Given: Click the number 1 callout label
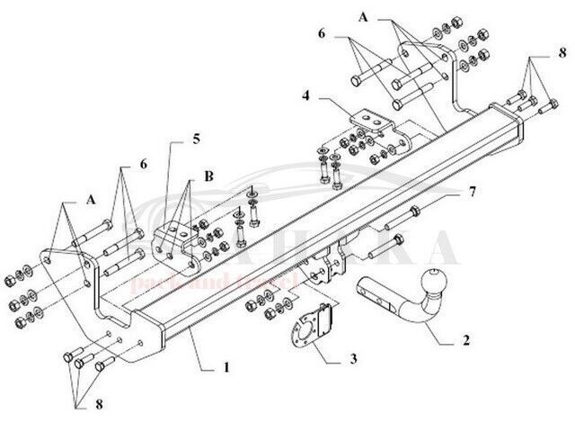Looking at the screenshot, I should (226, 367).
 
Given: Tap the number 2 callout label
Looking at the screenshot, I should (465, 341).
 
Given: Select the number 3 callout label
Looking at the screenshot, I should (353, 360).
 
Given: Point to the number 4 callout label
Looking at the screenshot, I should (306, 94).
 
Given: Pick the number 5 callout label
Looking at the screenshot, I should (196, 139).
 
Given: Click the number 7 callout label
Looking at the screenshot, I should (470, 192).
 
